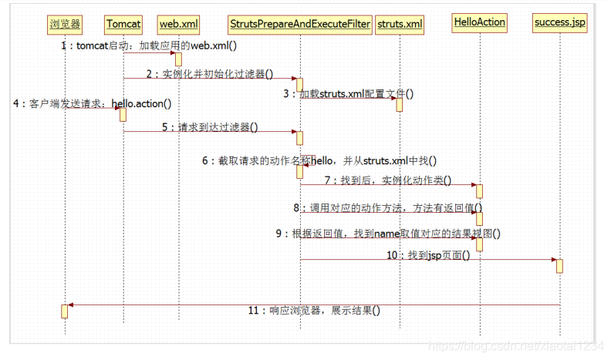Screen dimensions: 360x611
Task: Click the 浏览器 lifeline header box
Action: pyautogui.click(x=65, y=24)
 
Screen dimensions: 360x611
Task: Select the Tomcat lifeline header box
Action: pyautogui.click(x=123, y=24)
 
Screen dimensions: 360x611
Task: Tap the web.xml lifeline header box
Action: pyautogui.click(x=178, y=24)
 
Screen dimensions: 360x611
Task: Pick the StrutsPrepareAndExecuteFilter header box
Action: pyautogui.click(x=300, y=24)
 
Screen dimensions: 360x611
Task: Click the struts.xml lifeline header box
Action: pyautogui.click(x=400, y=24)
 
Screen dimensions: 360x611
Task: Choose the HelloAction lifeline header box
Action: pyautogui.click(x=479, y=22)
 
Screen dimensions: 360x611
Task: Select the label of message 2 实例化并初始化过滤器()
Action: pyautogui.click(x=209, y=74)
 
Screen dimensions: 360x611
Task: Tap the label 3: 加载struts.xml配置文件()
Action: pyautogui.click(x=348, y=94)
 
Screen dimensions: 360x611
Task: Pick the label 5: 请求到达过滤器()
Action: pyautogui.click(x=210, y=127)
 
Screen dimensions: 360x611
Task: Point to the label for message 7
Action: pyautogui.click(x=387, y=180)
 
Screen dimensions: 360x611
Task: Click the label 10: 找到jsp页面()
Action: pyautogui.click(x=427, y=254)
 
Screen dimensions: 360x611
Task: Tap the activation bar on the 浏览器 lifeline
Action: pyautogui.click(x=65, y=311)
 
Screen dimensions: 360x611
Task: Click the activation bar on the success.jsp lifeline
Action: pyautogui.click(x=559, y=265)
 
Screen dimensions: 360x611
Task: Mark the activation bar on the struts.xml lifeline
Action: pyautogui.click(x=400, y=104)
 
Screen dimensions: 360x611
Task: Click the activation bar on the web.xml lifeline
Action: pyautogui.click(x=178, y=59)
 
